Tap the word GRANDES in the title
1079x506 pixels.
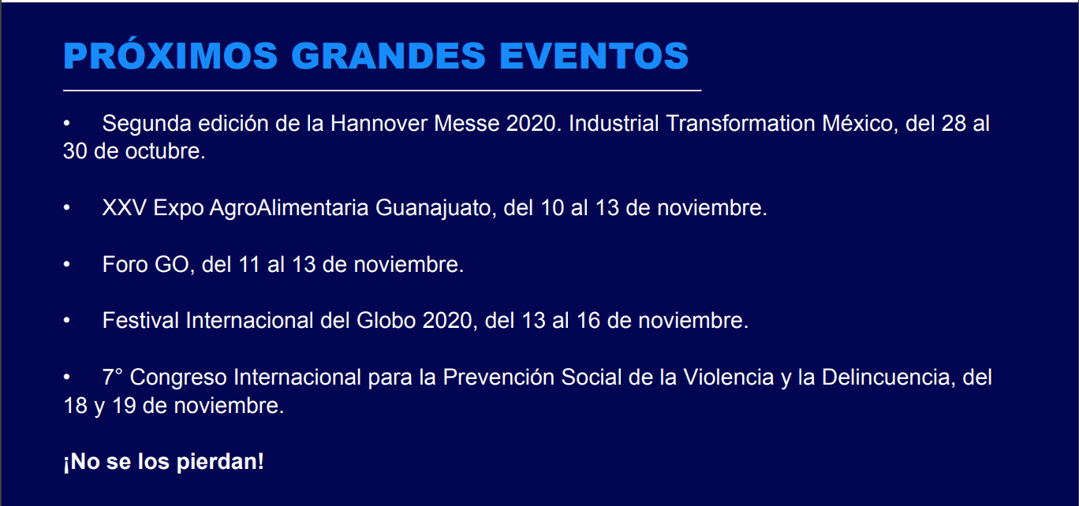tap(388, 56)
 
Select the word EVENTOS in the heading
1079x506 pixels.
tap(594, 56)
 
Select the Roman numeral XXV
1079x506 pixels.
tap(125, 208)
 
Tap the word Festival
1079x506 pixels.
tap(140, 321)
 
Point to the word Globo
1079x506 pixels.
tap(386, 321)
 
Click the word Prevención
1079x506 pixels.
tap(498, 377)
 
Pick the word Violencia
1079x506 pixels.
tap(729, 378)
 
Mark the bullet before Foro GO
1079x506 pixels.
tap(66, 264)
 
